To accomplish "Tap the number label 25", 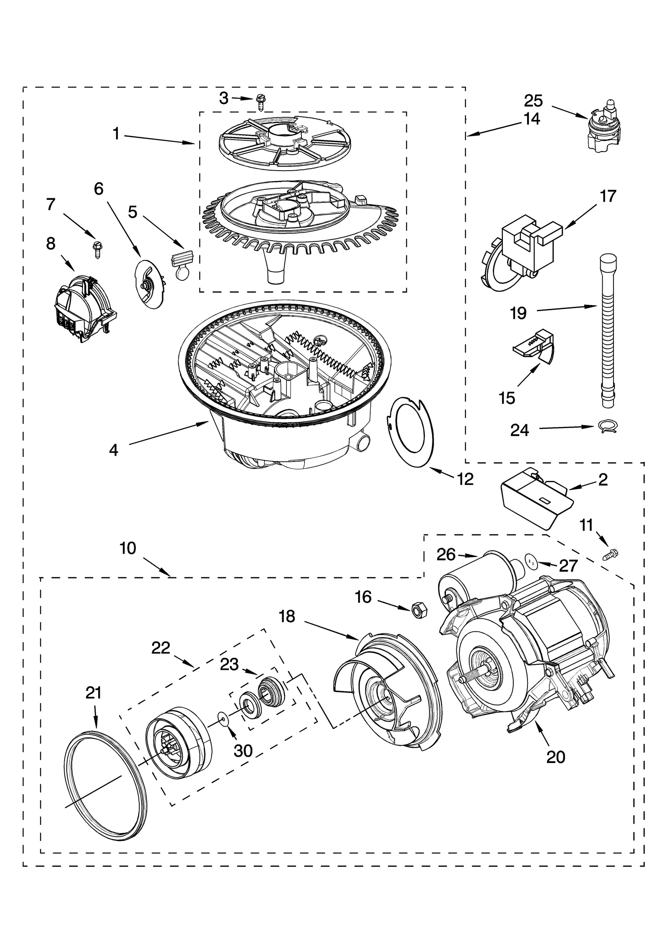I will (x=533, y=101).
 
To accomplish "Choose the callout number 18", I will (x=287, y=616).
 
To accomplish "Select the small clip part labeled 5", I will (x=182, y=263).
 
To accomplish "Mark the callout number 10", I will (x=128, y=548).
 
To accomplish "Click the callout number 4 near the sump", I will (x=113, y=450).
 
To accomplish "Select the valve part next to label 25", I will (x=605, y=130).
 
